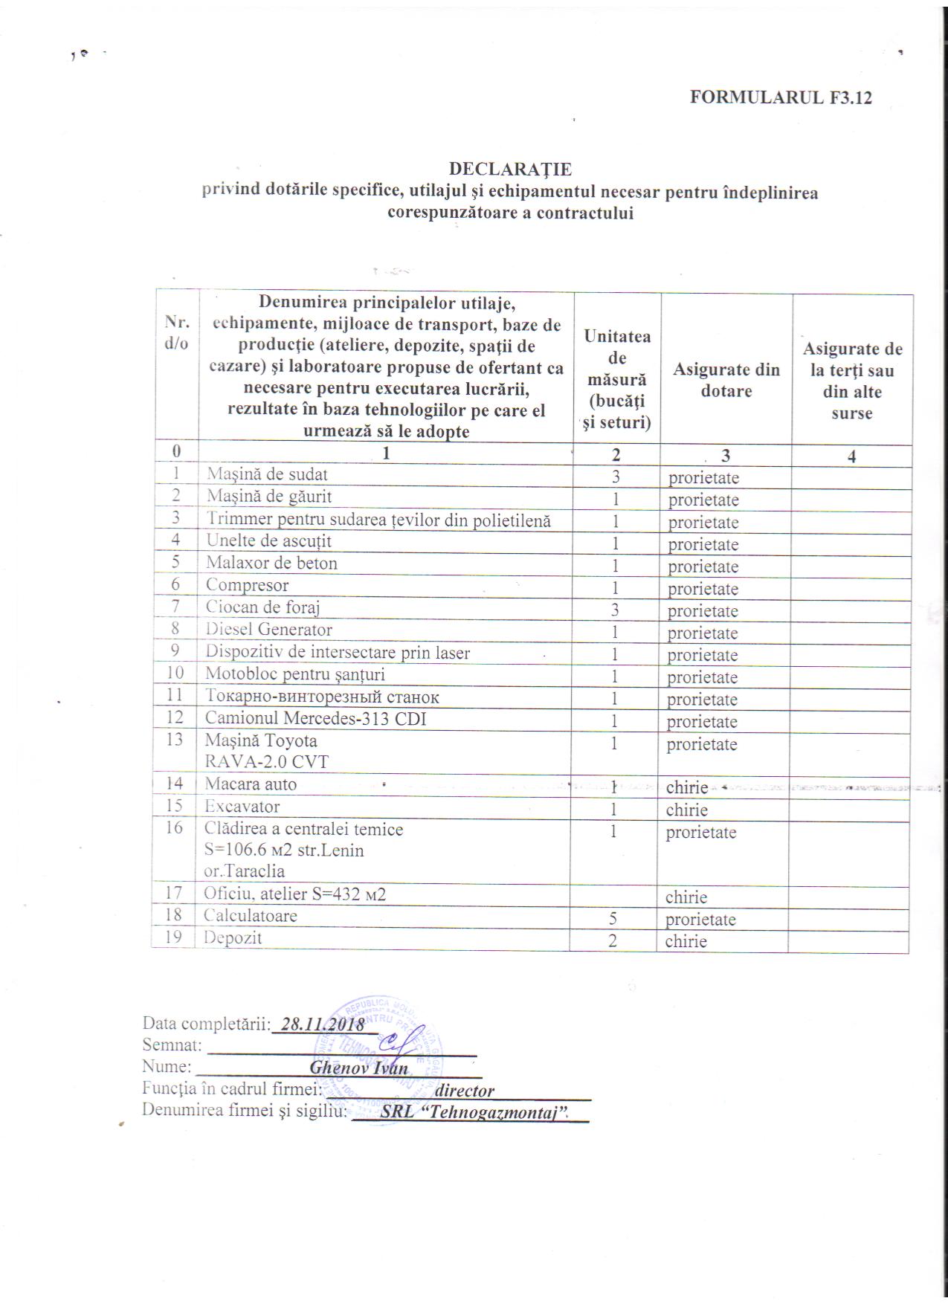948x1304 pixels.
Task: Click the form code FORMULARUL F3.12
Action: coord(780,97)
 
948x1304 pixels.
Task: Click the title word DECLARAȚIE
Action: coord(510,170)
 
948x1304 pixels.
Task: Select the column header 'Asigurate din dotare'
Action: coord(726,380)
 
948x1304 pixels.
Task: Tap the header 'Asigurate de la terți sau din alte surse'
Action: coord(852,381)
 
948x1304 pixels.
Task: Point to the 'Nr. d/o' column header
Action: coord(176,332)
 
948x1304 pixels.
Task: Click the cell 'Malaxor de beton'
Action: coord(271,563)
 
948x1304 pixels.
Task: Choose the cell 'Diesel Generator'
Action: coord(268,630)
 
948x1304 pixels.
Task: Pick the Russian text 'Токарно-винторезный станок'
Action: coord(322,697)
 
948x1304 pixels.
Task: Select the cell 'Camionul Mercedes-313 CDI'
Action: coord(315,719)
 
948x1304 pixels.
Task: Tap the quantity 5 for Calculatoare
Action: coord(613,919)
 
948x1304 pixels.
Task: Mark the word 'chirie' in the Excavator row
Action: coord(686,810)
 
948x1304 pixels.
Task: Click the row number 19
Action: coord(174,937)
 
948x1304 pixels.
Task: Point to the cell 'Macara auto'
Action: coord(251,784)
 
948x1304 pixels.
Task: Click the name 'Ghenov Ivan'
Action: coord(358,1068)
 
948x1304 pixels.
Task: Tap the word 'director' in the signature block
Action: coord(464,1091)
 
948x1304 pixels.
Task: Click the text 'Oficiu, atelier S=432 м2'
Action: coord(294,894)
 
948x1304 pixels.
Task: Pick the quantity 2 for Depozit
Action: coord(613,940)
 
